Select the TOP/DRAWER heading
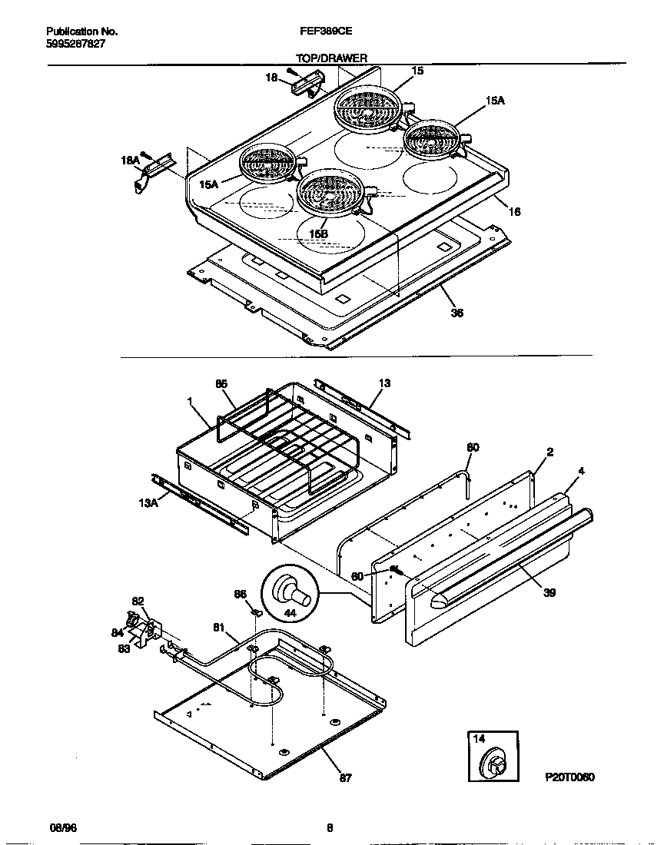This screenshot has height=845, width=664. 331,58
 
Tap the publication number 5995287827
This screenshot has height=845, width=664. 76,44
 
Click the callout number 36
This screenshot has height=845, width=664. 457,313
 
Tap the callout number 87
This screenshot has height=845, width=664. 345,777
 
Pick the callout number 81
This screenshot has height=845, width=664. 219,628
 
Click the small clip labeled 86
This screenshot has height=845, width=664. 257,612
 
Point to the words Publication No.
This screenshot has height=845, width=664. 81,31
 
